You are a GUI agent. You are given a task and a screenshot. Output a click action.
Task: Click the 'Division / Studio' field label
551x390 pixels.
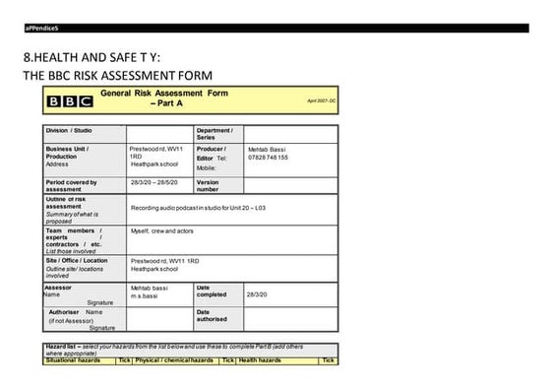[x=70, y=131]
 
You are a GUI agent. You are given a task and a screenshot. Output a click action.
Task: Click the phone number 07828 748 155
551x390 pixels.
[x=268, y=158]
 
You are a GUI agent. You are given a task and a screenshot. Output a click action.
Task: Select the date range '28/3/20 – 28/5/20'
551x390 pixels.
[x=153, y=182]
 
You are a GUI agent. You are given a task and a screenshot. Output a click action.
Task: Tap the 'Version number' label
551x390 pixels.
[x=208, y=185]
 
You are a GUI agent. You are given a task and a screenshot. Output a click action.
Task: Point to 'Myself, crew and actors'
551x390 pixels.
[x=161, y=229]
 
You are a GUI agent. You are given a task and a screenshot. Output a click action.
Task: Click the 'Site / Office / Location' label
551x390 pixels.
[x=77, y=261]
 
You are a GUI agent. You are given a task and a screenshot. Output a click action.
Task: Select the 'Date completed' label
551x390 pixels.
[x=212, y=291]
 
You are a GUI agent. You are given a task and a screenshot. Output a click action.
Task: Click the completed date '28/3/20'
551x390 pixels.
[x=259, y=294]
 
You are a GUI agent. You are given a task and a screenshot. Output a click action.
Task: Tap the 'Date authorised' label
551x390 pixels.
[x=213, y=315]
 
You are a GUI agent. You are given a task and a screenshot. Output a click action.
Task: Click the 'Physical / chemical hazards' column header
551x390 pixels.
[x=174, y=360]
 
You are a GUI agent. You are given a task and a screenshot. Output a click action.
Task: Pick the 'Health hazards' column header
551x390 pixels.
[x=260, y=360]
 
